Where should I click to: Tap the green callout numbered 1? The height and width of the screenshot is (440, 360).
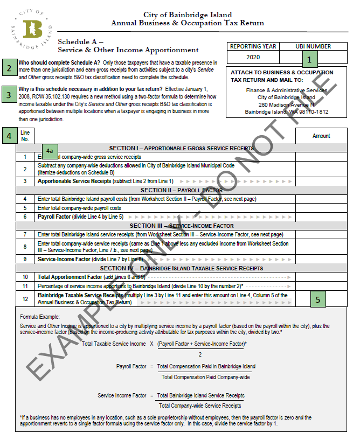[x=310, y=59]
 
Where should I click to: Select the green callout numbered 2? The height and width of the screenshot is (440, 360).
[x=9, y=68]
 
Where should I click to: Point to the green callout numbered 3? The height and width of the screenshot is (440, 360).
[x=9, y=95]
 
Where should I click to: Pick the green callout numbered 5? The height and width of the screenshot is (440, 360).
[x=318, y=299]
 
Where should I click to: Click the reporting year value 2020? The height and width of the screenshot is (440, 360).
[x=253, y=57]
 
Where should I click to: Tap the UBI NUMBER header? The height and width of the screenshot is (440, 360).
[x=313, y=46]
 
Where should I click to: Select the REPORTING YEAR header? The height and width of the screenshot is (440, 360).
[x=253, y=46]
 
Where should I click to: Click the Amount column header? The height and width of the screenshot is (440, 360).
[x=321, y=136]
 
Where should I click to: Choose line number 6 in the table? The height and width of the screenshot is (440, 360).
[x=25, y=216]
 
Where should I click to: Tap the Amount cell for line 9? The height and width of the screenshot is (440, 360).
[x=321, y=259]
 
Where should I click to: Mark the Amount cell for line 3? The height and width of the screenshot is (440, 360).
[x=321, y=181]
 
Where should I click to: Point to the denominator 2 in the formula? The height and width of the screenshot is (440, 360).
[x=200, y=354]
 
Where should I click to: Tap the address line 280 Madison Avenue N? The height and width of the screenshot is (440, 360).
[x=286, y=104]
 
